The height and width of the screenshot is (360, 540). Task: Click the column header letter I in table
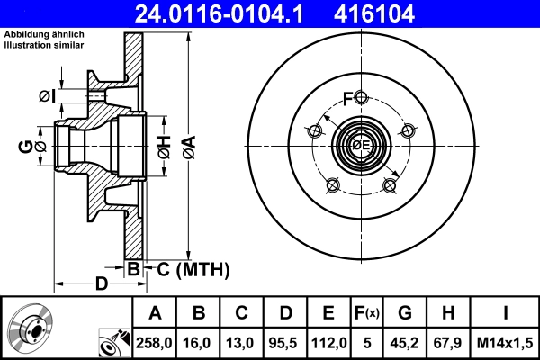tap(505, 313)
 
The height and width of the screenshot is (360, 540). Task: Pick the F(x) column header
tap(367, 313)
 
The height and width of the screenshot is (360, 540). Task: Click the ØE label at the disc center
tap(361, 146)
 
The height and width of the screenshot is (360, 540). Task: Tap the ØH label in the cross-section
tap(163, 145)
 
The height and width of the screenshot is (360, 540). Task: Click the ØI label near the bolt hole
tap(48, 95)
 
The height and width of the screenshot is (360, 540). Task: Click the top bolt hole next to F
tap(361, 98)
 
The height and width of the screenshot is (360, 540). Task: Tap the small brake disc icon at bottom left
tap(30, 328)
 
